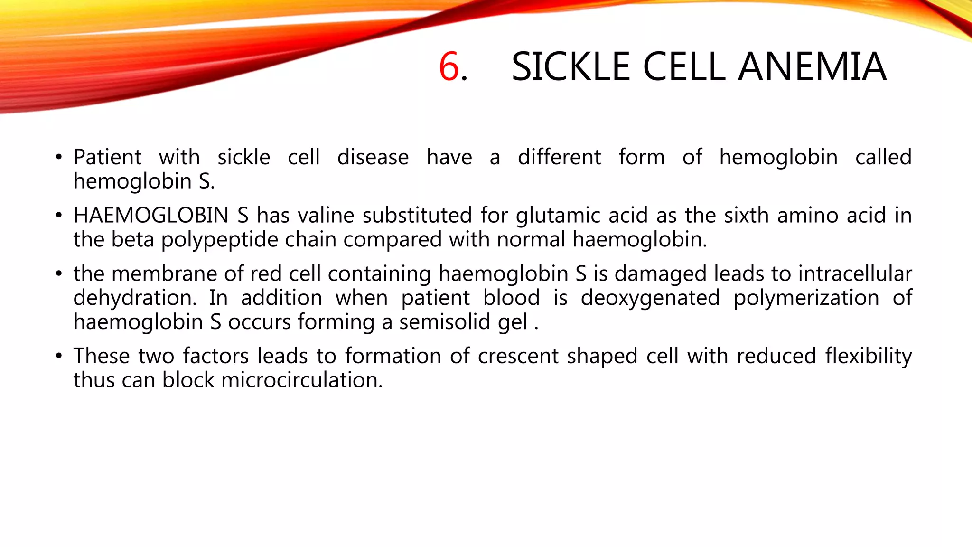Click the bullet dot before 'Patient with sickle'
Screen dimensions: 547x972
click(58, 157)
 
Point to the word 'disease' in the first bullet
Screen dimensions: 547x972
click(373, 157)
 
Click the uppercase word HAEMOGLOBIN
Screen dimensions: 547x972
click(151, 216)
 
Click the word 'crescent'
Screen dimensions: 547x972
click(518, 356)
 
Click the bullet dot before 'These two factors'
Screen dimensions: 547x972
click(58, 356)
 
